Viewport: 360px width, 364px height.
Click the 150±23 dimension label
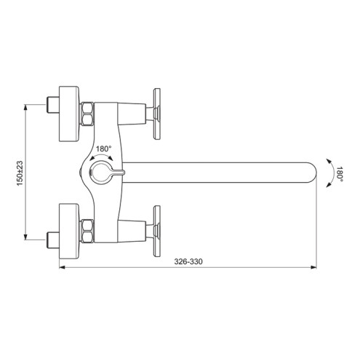[20, 173]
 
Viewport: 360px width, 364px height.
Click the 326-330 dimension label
[188, 261]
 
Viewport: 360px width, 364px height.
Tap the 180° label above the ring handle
[104, 149]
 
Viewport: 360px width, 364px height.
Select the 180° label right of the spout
[340, 174]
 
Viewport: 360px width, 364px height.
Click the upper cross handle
[157, 114]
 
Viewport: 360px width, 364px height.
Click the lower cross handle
[157, 232]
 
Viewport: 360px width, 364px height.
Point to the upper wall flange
[69, 114]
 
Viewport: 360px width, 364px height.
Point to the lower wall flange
[69, 232]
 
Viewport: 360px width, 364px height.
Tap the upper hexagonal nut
[87, 114]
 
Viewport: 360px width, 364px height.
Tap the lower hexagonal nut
[87, 232]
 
